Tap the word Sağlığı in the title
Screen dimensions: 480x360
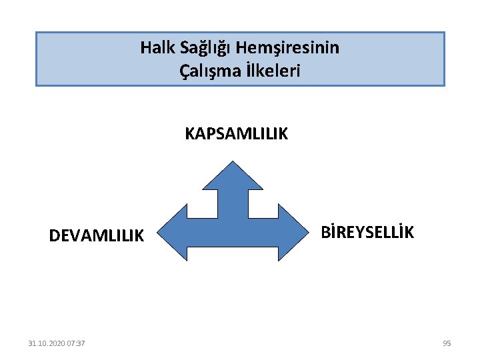click(x=197, y=48)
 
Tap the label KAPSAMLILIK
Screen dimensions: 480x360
click(x=236, y=134)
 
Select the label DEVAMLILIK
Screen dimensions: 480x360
click(x=96, y=235)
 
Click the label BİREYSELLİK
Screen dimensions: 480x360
click(x=367, y=232)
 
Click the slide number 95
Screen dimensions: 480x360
click(x=447, y=343)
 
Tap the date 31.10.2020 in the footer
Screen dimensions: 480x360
click(x=47, y=343)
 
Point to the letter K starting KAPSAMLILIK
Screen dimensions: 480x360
click(x=189, y=134)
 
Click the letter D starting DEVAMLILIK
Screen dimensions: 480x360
click(x=54, y=235)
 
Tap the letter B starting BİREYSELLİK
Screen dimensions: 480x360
click(x=325, y=232)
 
